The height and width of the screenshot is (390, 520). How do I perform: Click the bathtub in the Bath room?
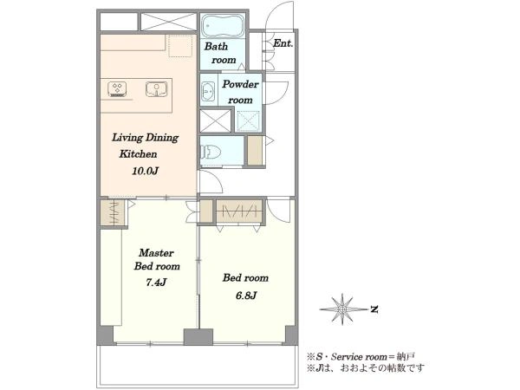click(x=223, y=25)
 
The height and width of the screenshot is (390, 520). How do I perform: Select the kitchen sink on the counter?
click(x=157, y=89)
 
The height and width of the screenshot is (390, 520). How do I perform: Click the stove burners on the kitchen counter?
click(x=117, y=89)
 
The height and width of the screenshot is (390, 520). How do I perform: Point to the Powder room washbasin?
click(x=208, y=90)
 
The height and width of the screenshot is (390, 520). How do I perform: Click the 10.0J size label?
click(x=145, y=171)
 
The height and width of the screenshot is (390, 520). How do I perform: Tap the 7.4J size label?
click(x=156, y=283)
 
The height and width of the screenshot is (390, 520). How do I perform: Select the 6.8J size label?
click(x=246, y=296)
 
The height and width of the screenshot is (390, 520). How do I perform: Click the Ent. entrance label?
click(x=283, y=43)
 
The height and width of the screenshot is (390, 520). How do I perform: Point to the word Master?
click(x=156, y=253)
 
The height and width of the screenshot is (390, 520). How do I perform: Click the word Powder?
click(x=240, y=84)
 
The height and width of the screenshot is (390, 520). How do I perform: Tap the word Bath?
click(x=216, y=47)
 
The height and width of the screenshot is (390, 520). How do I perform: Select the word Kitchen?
click(x=138, y=154)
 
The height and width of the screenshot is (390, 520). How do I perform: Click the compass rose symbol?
click(x=342, y=309)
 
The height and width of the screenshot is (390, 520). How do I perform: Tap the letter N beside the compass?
click(x=374, y=309)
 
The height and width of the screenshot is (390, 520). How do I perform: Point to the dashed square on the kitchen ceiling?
click(x=180, y=45)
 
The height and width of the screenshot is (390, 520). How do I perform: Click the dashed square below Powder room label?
click(x=249, y=120)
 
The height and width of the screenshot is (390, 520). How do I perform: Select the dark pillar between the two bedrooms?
click(x=198, y=336)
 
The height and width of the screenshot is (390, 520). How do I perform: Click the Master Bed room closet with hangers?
click(x=114, y=212)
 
